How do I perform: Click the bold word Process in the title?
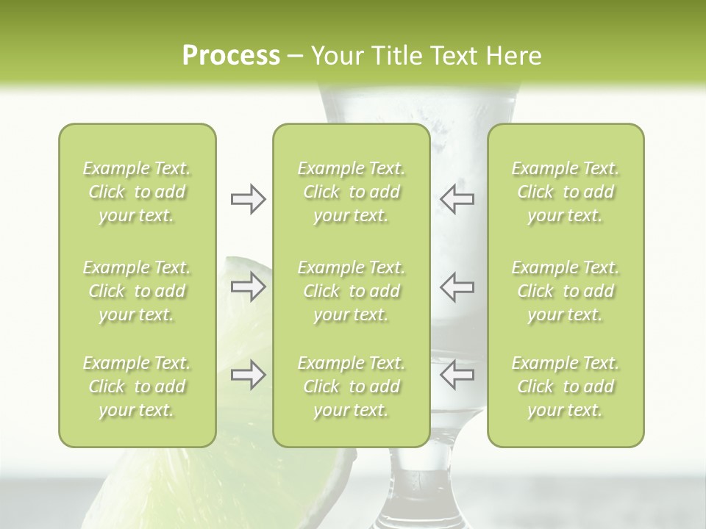pos(231,56)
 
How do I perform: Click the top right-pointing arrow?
pos(249,199)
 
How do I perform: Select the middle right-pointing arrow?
pos(249,287)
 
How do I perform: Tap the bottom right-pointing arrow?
pos(249,375)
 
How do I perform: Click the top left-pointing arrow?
pos(457,199)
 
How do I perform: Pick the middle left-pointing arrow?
pos(457,287)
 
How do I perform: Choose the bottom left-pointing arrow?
pos(457,375)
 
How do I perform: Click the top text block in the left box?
pos(137,192)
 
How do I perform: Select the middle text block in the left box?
pos(137,291)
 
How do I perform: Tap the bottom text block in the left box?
pos(137,386)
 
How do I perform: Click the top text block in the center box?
pos(351,192)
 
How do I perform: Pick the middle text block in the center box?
pos(351,291)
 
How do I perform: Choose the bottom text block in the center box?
pos(351,386)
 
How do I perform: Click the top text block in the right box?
pos(566,192)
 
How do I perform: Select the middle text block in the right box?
pos(566,291)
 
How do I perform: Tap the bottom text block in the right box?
pos(566,386)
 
